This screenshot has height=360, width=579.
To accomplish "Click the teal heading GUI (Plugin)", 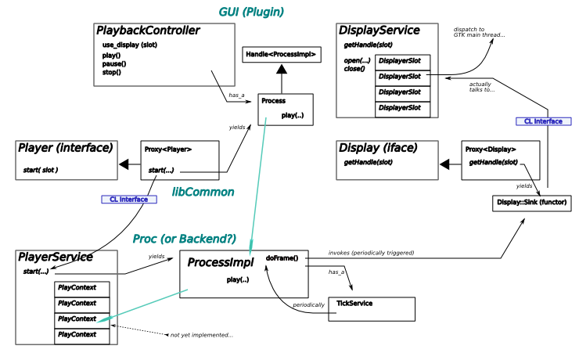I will tap(250, 13).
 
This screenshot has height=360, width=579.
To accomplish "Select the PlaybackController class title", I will tap(148, 31).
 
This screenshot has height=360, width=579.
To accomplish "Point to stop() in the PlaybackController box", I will tap(111, 72).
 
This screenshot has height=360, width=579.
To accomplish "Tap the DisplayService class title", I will tap(379, 31).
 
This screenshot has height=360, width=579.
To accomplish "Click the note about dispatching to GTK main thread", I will tap(479, 32).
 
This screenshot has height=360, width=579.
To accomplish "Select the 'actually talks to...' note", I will tap(482, 86).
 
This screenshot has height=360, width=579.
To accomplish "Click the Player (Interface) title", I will tap(66, 148).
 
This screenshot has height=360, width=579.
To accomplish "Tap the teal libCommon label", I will tap(203, 192).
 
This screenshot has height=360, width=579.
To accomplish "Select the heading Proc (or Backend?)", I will tap(184, 239).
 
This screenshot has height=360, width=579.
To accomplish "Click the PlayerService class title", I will tap(56, 257).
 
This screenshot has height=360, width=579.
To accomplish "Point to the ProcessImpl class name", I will tap(220, 262).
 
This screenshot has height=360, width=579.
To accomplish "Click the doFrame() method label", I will tap(282, 257).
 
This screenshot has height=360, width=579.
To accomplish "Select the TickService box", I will tap(376, 308).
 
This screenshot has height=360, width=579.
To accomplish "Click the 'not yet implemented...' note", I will tap(201, 335).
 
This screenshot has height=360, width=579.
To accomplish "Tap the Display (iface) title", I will tap(378, 148).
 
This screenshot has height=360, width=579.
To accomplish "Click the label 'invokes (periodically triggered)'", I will tap(371, 254).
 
